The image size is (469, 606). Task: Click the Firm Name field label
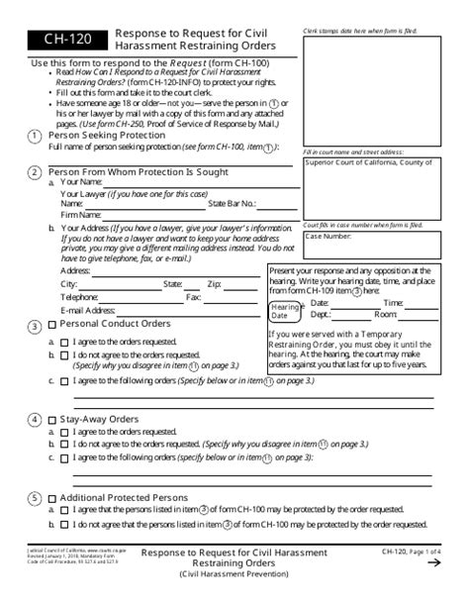tap(82, 214)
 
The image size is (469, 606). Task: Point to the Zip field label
tap(214, 284)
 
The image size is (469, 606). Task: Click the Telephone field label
tap(79, 297)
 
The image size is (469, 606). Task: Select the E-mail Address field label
tap(88, 310)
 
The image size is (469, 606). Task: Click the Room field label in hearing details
tap(385, 314)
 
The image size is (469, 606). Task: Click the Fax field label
tap(194, 297)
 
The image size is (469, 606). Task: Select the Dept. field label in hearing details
tap(321, 314)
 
